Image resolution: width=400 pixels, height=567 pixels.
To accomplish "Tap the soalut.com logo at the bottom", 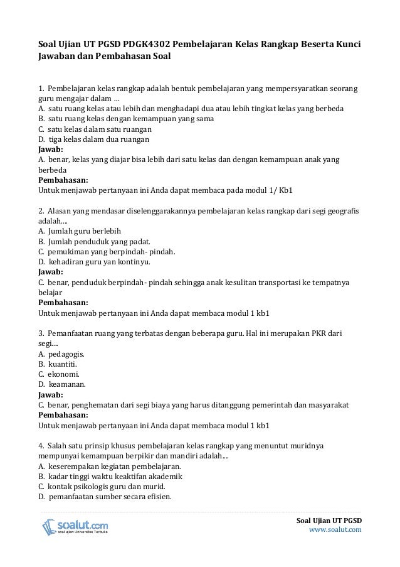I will click(75, 527).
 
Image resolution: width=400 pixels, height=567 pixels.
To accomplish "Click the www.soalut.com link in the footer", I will click(335, 531).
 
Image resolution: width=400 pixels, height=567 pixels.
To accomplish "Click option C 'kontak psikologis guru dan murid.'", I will click(102, 487).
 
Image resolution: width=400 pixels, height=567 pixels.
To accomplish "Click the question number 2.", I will click(41, 210).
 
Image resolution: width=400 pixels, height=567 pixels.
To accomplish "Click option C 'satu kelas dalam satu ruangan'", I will click(95, 129).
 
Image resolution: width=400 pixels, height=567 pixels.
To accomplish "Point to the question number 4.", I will click(41, 446).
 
